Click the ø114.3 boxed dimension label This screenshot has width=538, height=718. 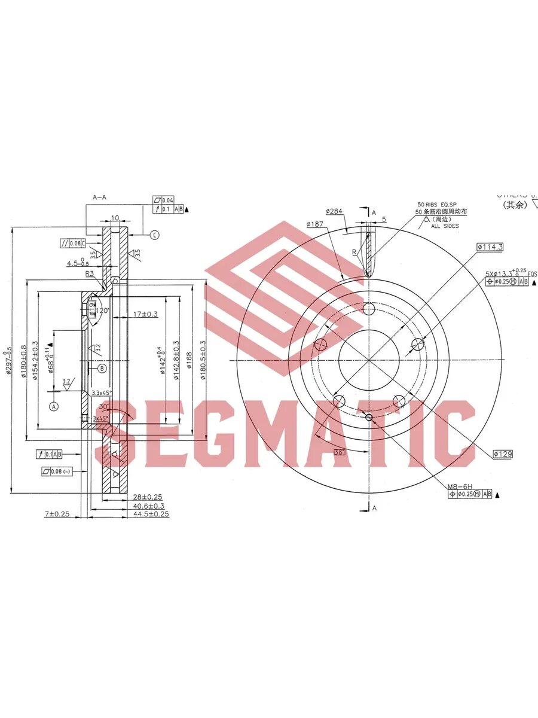[490, 247]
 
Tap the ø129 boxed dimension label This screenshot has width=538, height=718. [503, 454]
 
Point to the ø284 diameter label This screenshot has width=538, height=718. [334, 211]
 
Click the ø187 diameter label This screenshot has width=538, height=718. [314, 224]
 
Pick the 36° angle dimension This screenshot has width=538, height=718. [340, 452]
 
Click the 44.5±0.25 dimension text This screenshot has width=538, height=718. [151, 514]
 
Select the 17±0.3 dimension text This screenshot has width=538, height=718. [145, 314]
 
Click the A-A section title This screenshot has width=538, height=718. [100, 197]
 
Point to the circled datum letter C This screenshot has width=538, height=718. [154, 235]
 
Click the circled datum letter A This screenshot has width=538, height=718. [54, 406]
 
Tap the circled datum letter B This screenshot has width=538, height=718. [102, 369]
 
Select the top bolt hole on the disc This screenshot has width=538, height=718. [369, 309]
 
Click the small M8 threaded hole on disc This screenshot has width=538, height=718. [369, 417]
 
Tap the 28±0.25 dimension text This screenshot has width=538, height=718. [147, 497]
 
